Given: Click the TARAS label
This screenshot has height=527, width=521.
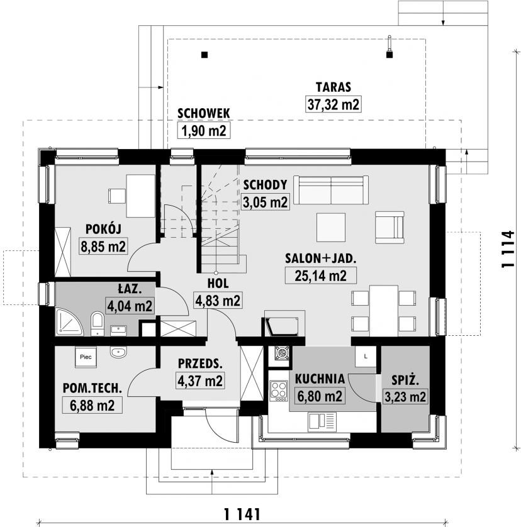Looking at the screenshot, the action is [333, 87].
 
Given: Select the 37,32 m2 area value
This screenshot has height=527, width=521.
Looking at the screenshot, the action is [333, 104].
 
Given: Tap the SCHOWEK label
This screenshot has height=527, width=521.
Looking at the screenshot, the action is [204, 114].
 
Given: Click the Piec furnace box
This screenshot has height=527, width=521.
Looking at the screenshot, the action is [86, 357].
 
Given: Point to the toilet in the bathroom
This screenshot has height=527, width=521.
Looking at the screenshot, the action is [98, 323].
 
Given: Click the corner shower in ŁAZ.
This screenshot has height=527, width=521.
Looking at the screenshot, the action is [69, 322].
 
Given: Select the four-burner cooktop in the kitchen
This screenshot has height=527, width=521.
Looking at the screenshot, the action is [279, 391].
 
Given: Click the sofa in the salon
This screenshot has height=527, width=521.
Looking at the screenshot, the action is [330, 189].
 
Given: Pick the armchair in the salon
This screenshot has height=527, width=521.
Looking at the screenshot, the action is [389, 227].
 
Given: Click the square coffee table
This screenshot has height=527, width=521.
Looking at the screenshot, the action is [331, 227].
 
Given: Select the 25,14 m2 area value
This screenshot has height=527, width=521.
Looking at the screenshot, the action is [320, 275].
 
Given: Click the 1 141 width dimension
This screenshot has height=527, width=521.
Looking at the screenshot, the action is [242, 514].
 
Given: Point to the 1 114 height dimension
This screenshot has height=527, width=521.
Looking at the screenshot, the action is [508, 249].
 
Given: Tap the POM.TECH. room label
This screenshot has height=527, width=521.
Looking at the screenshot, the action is [92, 388].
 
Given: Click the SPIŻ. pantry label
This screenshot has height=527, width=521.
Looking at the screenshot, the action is [405, 380].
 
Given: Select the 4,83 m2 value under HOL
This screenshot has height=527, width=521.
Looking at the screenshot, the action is [218, 300].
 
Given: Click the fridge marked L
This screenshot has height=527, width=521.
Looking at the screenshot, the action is [366, 357].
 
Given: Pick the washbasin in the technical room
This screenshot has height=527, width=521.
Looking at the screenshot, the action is [118, 352].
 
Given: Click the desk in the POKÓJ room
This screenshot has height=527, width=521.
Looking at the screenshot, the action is [140, 196].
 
